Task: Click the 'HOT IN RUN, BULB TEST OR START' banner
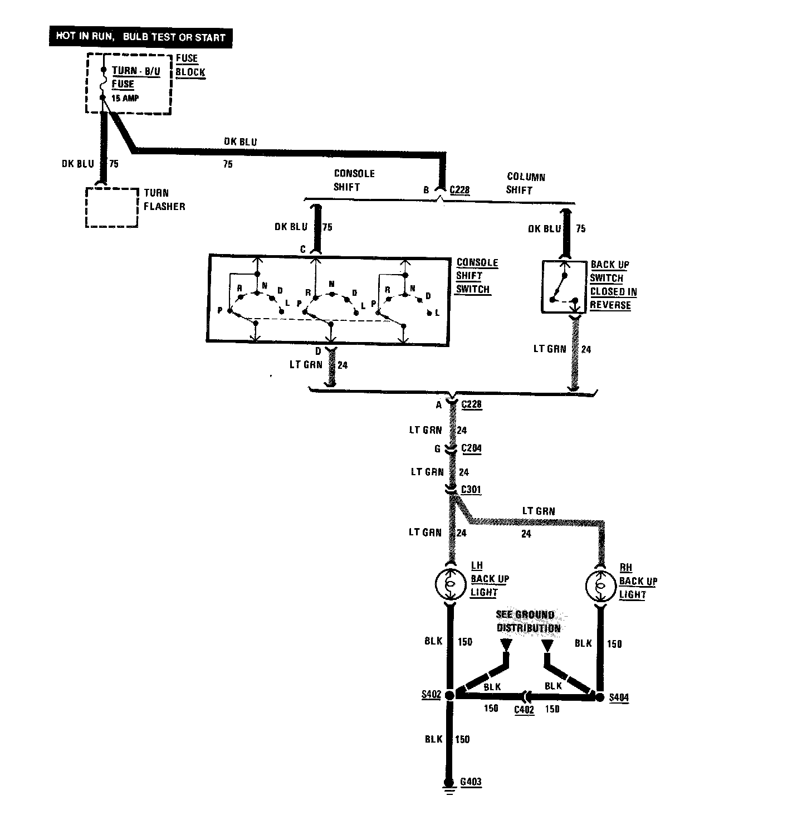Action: click(140, 37)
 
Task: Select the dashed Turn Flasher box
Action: click(111, 207)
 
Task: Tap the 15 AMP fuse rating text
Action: click(125, 99)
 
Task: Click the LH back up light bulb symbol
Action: click(449, 584)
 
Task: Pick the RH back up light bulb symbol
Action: click(600, 586)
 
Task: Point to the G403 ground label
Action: click(471, 782)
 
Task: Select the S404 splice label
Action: click(619, 697)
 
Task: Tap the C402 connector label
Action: click(524, 709)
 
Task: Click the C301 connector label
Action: click(471, 490)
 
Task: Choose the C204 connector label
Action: click(471, 448)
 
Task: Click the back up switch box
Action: click(564, 286)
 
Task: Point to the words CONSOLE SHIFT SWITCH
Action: click(477, 276)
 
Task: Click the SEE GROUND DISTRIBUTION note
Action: click(528, 621)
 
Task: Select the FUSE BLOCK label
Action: click(190, 65)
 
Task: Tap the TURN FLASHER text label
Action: click(164, 199)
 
